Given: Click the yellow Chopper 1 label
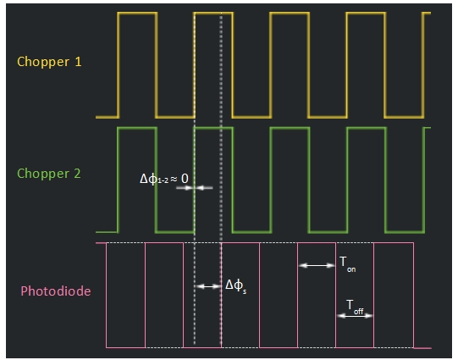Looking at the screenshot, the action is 49,62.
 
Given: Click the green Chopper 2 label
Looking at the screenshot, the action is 49,174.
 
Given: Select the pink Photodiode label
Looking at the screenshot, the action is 56,291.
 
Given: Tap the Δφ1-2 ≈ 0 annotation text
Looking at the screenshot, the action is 164,179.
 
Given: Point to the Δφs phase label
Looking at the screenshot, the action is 235,285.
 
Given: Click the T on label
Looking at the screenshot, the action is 348,264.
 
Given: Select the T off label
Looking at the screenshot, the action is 355,307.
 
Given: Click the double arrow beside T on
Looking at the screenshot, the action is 317,266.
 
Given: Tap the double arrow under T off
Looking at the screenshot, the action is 355,316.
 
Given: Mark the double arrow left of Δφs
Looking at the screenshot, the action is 208,286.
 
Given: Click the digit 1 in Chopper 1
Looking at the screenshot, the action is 78,62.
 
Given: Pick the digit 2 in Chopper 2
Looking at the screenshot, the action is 77,174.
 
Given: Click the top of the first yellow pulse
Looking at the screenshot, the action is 138,13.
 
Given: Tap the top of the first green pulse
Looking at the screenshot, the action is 137,128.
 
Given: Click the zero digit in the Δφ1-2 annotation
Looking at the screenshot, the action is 185,179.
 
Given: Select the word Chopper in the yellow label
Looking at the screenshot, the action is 43,62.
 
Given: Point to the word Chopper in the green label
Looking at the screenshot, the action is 43,174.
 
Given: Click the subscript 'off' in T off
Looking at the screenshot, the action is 359,312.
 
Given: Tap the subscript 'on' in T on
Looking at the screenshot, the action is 351,269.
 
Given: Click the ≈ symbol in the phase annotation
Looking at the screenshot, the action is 174,179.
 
